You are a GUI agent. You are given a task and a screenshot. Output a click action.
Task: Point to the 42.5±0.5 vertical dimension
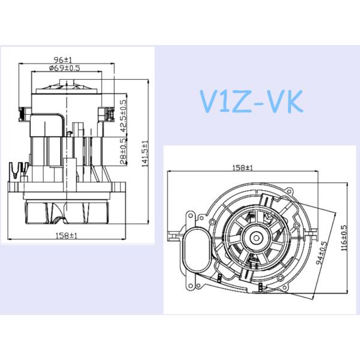pos(124,115)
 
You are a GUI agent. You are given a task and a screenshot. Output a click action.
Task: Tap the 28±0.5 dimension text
pos(123,151)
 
